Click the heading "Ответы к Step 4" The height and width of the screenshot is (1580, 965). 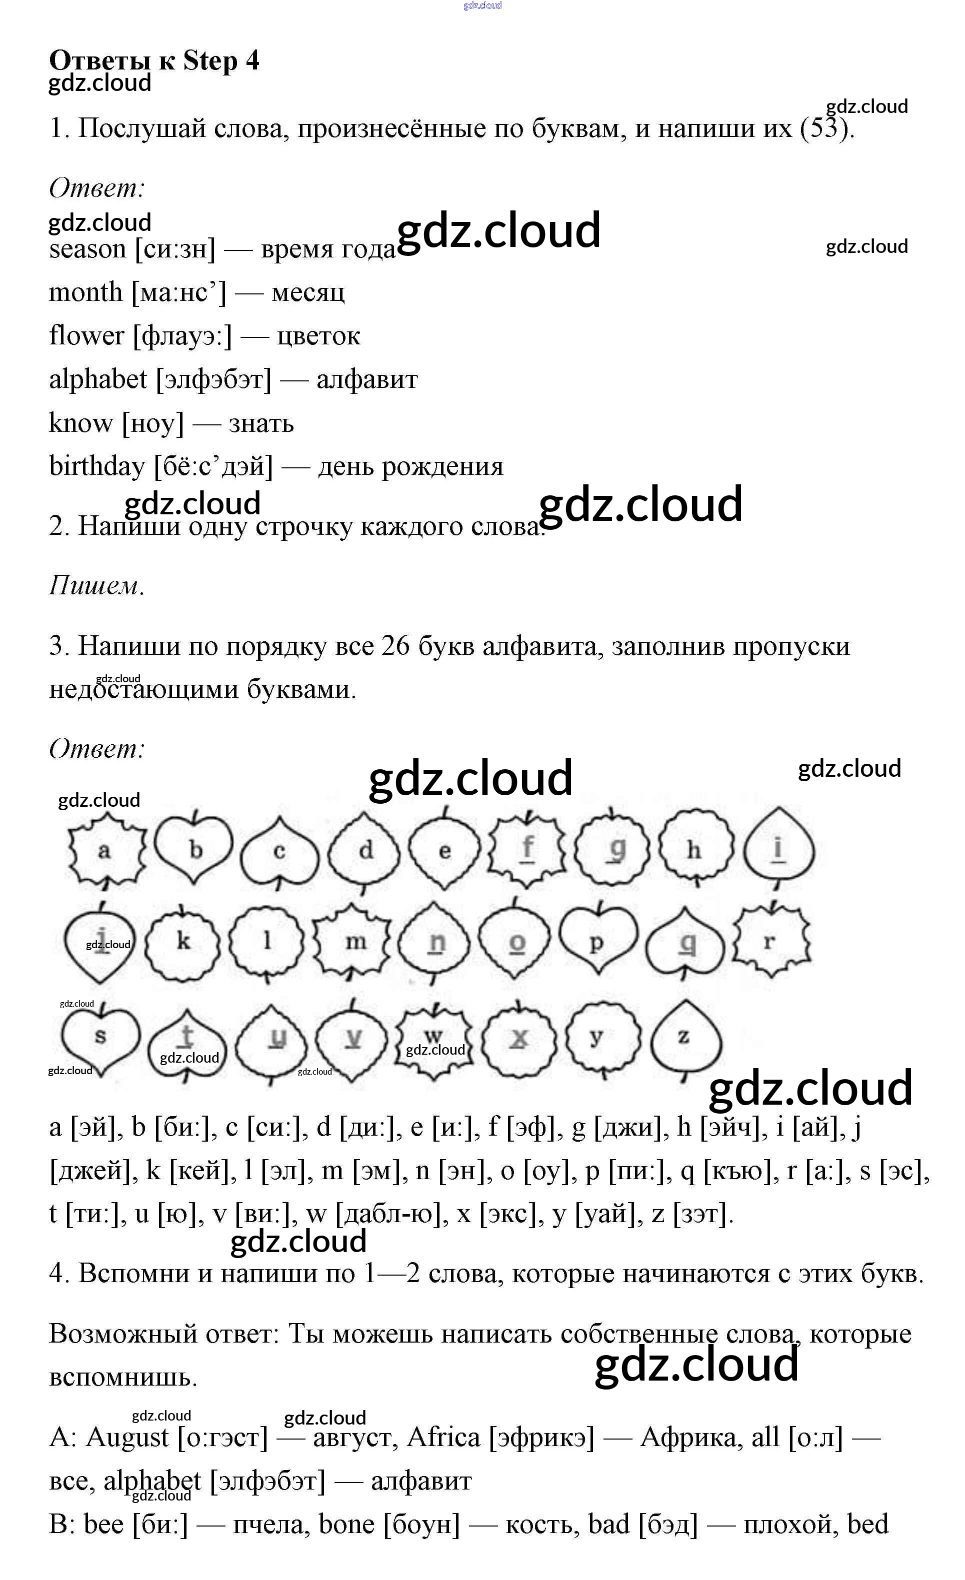pyautogui.click(x=154, y=61)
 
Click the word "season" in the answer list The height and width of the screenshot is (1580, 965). pyautogui.click(x=87, y=249)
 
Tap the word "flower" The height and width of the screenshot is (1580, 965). pyautogui.click(x=86, y=336)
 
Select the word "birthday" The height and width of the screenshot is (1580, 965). pyautogui.click(x=97, y=467)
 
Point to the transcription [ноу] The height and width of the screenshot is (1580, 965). pyautogui.click(x=152, y=424)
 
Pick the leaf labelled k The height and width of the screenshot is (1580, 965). pyautogui.click(x=183, y=941)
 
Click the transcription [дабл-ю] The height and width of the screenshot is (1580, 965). pyautogui.click(x=392, y=1214)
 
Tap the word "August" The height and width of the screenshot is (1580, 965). pyautogui.click(x=127, y=1437)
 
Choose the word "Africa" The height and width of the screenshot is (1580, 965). pyautogui.click(x=443, y=1437)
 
